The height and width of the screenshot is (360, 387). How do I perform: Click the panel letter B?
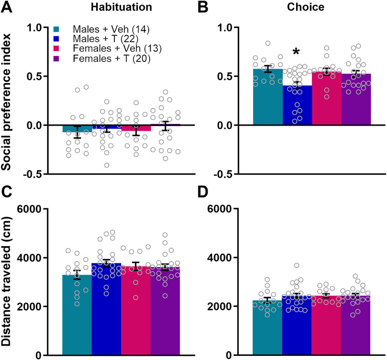203,8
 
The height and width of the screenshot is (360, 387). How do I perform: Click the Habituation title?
122,8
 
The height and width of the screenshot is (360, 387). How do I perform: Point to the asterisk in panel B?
296,52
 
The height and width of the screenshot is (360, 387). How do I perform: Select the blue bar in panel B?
297,110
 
